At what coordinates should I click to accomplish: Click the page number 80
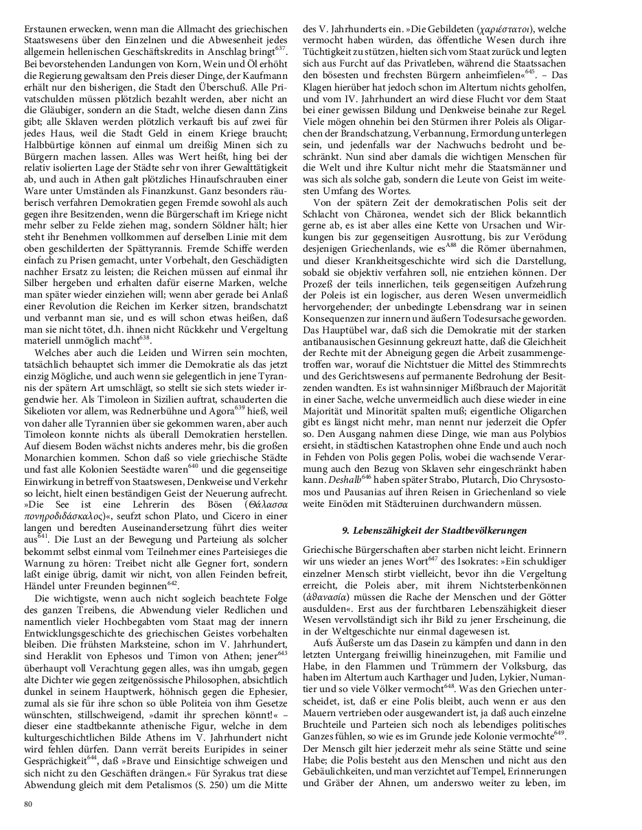point(28,804)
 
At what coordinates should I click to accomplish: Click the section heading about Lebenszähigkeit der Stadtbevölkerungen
point(434,530)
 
